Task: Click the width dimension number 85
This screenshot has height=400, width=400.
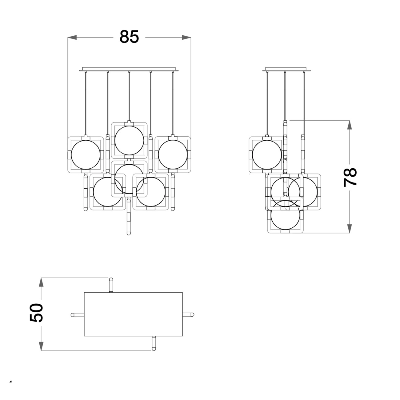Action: pos(129,37)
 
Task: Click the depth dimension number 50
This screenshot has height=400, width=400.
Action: pos(36,313)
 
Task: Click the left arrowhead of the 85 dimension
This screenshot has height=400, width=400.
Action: pos(72,38)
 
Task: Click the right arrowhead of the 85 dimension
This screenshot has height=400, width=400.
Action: pos(186,38)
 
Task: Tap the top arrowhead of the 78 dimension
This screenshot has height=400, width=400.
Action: pos(350,125)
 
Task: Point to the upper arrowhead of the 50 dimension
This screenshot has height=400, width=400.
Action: pos(41,282)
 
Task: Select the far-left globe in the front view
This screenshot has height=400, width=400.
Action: pos(86,155)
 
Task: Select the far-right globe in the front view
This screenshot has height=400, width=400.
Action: pos(173,155)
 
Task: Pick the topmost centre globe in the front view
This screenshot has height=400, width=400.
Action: pos(129,140)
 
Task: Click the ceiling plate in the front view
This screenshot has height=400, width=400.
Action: pos(129,69)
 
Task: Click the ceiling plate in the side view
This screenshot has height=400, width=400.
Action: pos(286,69)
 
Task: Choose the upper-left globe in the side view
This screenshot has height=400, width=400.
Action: pos(267,155)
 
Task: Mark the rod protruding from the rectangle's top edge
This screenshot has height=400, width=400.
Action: pos(111,285)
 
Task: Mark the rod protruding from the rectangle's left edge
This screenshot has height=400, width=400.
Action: pos(78,315)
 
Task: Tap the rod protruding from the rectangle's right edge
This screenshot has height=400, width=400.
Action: pos(188,315)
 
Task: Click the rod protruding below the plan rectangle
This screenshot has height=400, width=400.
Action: pos(154,344)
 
